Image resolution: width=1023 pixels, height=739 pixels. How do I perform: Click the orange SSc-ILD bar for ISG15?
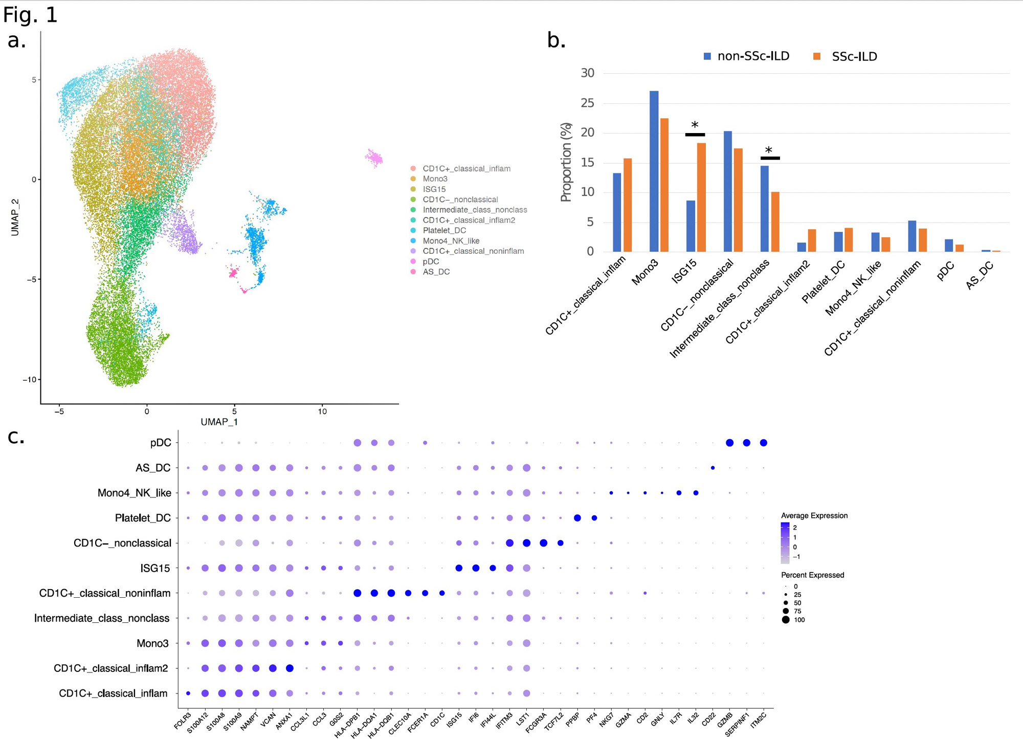[x=701, y=197]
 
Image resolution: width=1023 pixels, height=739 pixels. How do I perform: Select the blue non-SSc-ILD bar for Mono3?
[x=654, y=171]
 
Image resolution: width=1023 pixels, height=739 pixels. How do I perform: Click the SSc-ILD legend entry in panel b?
[x=854, y=57]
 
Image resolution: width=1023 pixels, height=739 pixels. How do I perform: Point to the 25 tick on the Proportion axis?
[x=588, y=103]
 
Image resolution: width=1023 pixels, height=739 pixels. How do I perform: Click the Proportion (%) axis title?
[x=566, y=162]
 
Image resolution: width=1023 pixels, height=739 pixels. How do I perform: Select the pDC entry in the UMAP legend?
[x=431, y=262]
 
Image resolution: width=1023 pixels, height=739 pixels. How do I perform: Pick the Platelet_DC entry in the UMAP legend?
[x=444, y=230]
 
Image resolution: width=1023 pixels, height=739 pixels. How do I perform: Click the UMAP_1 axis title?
[x=219, y=422]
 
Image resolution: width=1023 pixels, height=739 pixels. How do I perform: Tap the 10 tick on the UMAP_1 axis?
[x=322, y=411]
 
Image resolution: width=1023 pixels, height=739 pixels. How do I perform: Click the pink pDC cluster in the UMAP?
[x=374, y=158]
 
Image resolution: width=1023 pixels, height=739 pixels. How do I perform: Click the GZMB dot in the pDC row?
[x=730, y=443]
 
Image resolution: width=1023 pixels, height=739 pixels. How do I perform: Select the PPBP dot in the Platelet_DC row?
[x=577, y=518]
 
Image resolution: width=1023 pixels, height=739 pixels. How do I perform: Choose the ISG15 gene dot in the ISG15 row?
[x=459, y=568]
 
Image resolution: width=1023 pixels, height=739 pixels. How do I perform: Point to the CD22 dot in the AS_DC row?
[x=713, y=468]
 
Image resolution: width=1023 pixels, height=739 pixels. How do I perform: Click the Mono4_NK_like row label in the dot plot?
[x=134, y=493]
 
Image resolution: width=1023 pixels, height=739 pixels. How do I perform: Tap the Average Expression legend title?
[x=814, y=515]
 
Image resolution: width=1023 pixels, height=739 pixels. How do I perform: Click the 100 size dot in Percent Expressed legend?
[x=786, y=620]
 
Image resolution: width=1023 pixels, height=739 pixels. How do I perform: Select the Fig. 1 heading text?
[x=30, y=15]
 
